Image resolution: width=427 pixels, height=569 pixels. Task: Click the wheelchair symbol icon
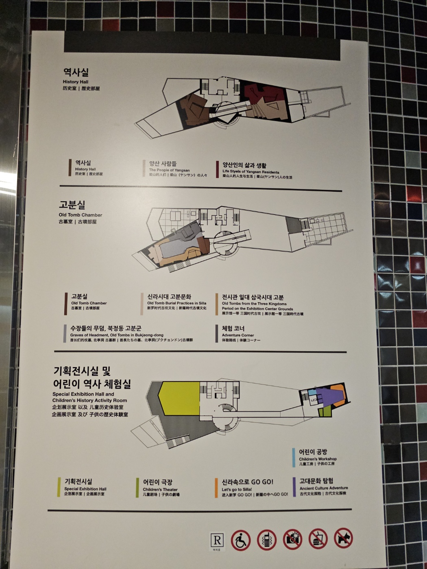[241, 540]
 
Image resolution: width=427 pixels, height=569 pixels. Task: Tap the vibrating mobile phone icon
[267, 540]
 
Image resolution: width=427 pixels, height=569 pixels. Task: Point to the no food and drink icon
[318, 539]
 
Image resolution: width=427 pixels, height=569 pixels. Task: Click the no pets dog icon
[344, 539]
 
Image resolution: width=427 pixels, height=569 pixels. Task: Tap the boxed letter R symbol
[217, 540]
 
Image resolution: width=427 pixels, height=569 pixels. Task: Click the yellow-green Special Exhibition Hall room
[179, 398]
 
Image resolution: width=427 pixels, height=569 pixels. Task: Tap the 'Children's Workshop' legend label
[318, 458]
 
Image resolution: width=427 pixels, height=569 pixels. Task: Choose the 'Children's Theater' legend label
[160, 489]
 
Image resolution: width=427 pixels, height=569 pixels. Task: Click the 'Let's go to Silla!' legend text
[237, 489]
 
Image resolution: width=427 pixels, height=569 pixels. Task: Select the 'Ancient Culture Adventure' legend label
[324, 488]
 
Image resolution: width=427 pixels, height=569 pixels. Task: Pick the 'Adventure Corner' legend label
[238, 335]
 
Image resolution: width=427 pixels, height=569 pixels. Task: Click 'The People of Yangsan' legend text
[169, 170]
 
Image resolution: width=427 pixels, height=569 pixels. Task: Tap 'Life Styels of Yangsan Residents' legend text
[251, 172]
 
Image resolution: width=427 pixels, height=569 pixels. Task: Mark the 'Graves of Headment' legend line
[117, 335]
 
